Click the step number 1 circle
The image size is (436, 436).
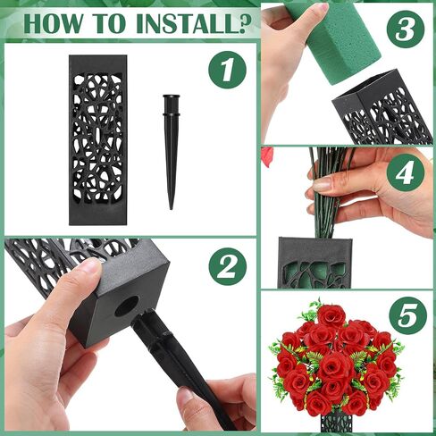(227, 70)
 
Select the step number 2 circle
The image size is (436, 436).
(227, 266)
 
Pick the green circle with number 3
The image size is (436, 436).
(406, 29)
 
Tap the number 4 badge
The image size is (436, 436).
(406, 172)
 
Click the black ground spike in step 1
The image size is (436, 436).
(172, 152)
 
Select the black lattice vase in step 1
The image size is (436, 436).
(98, 140)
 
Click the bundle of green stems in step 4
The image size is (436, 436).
(329, 194)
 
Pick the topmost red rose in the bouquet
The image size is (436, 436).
(331, 315)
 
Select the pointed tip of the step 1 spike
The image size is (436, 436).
(172, 208)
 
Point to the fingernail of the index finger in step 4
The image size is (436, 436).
(323, 185)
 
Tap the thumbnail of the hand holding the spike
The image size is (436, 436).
(187, 397)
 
